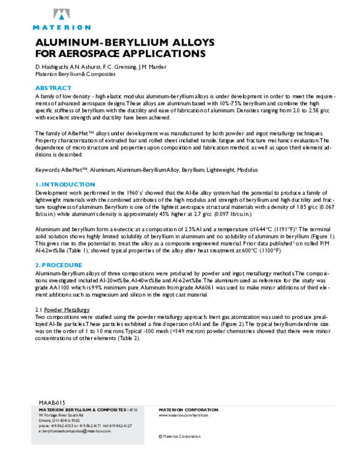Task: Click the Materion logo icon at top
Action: point(61,15)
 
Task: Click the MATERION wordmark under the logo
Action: point(61,27)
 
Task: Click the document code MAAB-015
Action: point(52,402)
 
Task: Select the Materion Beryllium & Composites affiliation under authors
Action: point(76,74)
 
